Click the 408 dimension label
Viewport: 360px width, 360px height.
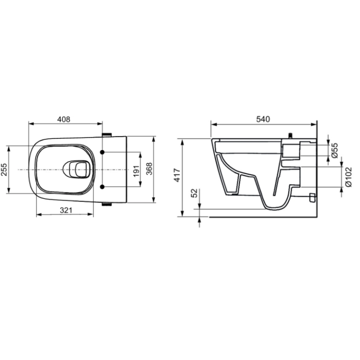[x=63, y=119]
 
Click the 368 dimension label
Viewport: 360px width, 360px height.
[x=149, y=170]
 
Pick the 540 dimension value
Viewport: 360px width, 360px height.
[x=263, y=119]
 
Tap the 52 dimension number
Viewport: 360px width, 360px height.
[x=195, y=194]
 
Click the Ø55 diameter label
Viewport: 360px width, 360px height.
[x=334, y=150]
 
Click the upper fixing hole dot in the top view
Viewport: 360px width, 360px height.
[x=102, y=152]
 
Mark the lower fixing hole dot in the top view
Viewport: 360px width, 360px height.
[x=102, y=187]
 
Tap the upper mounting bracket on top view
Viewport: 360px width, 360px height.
[x=106, y=134]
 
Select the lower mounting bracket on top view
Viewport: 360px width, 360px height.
[x=106, y=204]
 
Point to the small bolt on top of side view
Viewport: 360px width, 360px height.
[x=289, y=135]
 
